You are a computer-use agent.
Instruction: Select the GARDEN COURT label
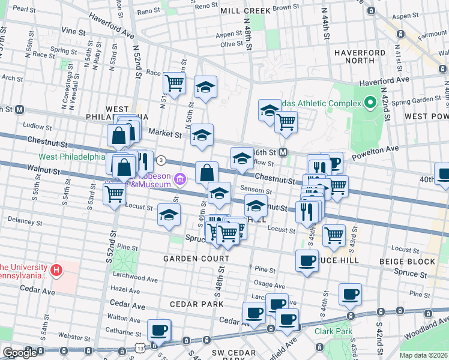pyautogui.click(x=197, y=259)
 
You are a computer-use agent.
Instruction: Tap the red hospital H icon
pyautogui.click(x=56, y=271)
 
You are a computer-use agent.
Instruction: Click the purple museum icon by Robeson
pyautogui.click(x=179, y=179)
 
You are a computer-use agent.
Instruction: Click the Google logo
pyautogui.click(x=20, y=352)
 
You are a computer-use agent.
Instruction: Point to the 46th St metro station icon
pyautogui.click(x=282, y=152)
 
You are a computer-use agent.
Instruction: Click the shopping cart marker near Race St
pyautogui.click(x=174, y=84)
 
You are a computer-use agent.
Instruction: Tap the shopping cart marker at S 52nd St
pyautogui.click(x=113, y=193)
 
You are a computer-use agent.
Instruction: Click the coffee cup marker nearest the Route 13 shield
pyautogui.click(x=159, y=329)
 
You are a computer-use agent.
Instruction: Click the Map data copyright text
pyautogui.click(x=423, y=355)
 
